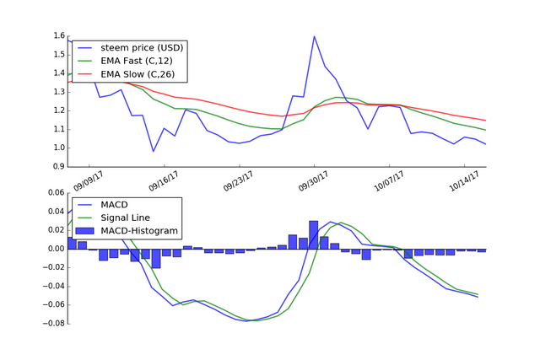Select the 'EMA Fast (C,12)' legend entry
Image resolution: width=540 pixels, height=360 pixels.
[x=139, y=62]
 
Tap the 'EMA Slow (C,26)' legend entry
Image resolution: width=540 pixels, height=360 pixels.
[x=139, y=76]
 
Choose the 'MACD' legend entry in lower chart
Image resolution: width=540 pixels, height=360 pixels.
[x=116, y=204]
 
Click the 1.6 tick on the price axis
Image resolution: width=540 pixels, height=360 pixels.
[x=59, y=36]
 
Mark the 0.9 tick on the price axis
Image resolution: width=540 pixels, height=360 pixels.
[x=59, y=167]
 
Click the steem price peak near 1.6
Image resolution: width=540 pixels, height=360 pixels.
[x=314, y=36]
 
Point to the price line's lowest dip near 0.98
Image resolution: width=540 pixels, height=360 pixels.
[x=154, y=152]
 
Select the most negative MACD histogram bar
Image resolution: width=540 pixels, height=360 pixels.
[x=156, y=259]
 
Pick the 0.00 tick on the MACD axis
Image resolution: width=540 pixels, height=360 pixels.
[x=55, y=249]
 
